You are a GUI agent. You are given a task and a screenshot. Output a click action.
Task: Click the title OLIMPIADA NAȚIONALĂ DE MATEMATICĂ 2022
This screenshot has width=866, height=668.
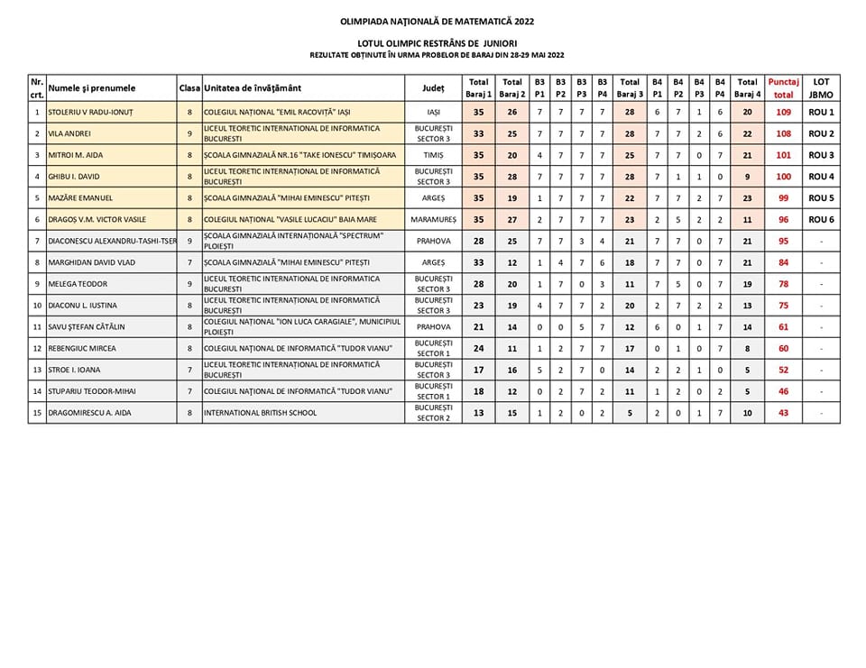pos(437,20)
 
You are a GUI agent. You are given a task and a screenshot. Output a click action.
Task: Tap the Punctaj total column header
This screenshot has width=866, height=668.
pos(783,88)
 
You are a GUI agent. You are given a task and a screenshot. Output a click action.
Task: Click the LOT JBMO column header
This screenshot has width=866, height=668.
pos(821,88)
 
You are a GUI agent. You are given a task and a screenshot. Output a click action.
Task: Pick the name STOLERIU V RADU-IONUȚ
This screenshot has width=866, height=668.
pos(88,113)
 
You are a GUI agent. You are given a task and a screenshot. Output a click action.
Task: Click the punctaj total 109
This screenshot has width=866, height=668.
pos(783,113)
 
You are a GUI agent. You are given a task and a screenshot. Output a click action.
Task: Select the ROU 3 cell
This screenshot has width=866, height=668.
pos(821,155)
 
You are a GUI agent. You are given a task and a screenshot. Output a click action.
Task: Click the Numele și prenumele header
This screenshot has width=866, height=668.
pos(92,88)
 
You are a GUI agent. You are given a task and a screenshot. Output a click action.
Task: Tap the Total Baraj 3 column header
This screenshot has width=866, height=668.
pos(630,88)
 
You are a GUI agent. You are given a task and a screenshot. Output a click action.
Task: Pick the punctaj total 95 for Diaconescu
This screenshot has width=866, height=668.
pos(783,241)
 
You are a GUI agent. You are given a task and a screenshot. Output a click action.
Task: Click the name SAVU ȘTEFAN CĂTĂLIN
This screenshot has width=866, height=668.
pos(87,326)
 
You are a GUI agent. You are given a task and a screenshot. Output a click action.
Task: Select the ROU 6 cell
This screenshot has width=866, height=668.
pos(821,219)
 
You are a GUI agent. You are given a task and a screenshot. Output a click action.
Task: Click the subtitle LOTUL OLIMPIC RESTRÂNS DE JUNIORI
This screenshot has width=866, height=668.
pos(437,42)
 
